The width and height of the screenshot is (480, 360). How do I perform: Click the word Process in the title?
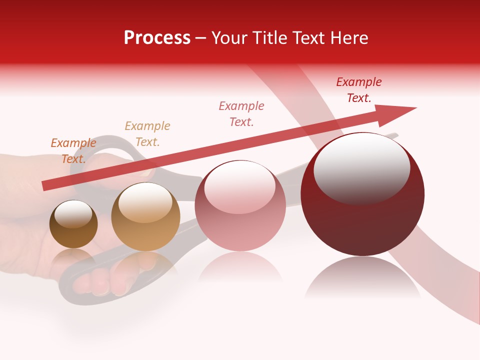[157, 38]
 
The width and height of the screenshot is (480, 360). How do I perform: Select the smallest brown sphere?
[73, 224]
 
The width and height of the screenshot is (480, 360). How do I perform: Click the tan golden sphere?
[145, 217]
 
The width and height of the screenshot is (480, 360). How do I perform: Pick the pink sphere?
[240, 206]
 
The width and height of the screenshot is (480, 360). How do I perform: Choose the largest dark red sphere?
[362, 194]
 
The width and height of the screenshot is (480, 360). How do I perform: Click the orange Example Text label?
[73, 151]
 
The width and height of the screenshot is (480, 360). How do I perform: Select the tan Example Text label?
[147, 134]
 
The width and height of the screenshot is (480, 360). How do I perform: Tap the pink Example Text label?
[241, 114]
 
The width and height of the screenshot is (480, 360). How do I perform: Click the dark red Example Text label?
[359, 90]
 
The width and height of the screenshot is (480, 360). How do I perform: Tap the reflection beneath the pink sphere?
[240, 267]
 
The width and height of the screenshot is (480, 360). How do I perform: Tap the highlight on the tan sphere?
[145, 202]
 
